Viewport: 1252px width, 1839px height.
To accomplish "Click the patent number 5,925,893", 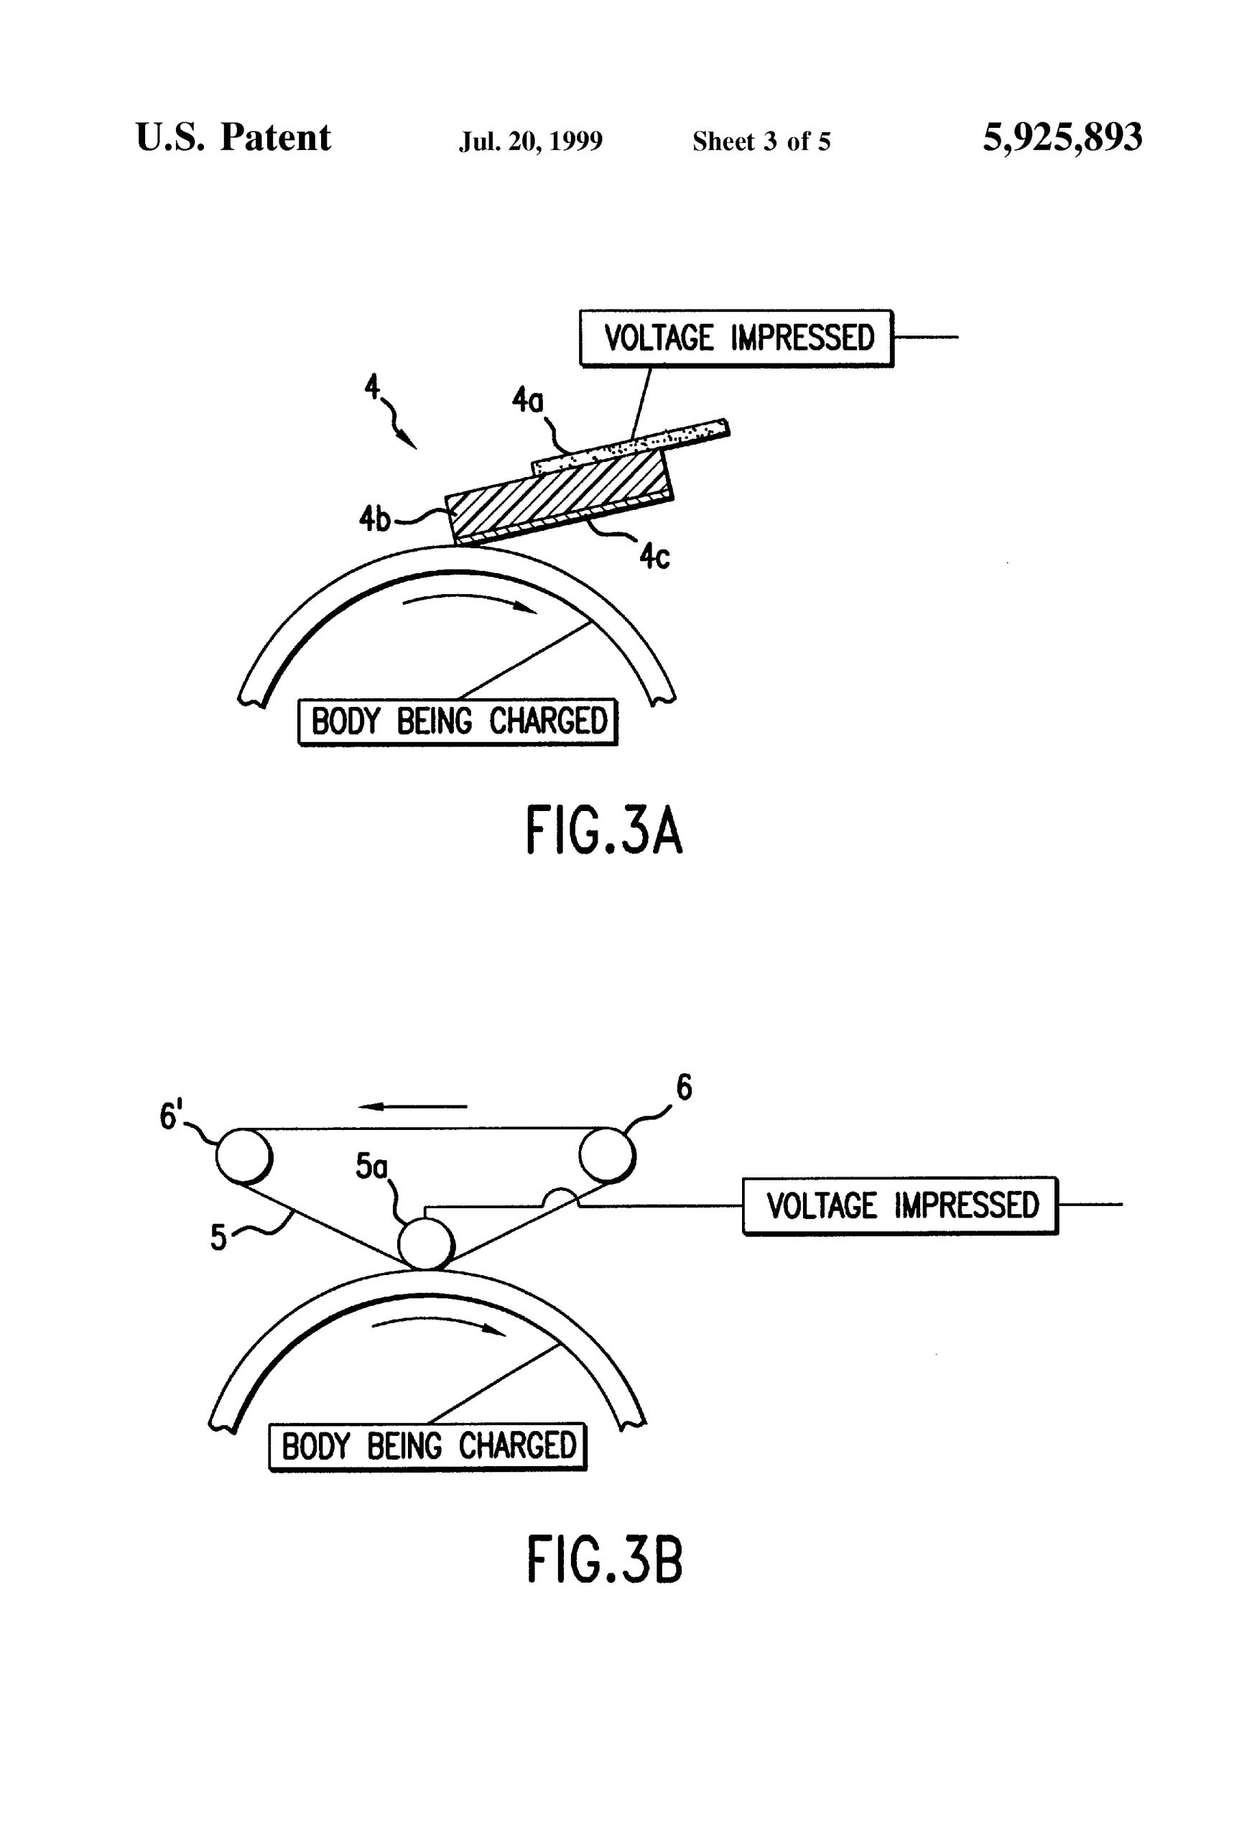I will coord(1062,138).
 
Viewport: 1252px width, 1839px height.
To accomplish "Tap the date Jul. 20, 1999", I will coord(530,142).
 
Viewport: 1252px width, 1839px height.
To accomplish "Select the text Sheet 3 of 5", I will coord(761,142).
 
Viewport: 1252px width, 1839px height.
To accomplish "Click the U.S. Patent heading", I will coord(233,138).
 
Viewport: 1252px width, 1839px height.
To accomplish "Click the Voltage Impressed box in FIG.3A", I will coord(736,338).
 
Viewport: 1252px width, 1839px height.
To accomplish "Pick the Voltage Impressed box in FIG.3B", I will coord(900,1205).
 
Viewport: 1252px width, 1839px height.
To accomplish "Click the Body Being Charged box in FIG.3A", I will coord(458,721).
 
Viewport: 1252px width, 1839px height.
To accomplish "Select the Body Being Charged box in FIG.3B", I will coord(427,1447).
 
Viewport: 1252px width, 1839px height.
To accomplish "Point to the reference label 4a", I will coord(527,400).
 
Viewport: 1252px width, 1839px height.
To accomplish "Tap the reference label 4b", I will coord(375,519).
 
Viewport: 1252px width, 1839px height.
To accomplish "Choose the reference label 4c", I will coord(654,557).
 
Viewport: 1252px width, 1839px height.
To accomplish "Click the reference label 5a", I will coord(371,1166).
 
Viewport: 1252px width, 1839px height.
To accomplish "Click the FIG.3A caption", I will coord(603,832).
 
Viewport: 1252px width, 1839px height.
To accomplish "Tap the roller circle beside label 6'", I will coord(244,1156).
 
